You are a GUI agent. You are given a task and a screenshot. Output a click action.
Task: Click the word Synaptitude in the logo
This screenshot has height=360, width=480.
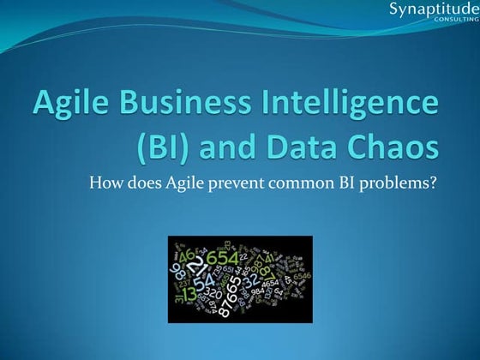pyautogui.click(x=429, y=10)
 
